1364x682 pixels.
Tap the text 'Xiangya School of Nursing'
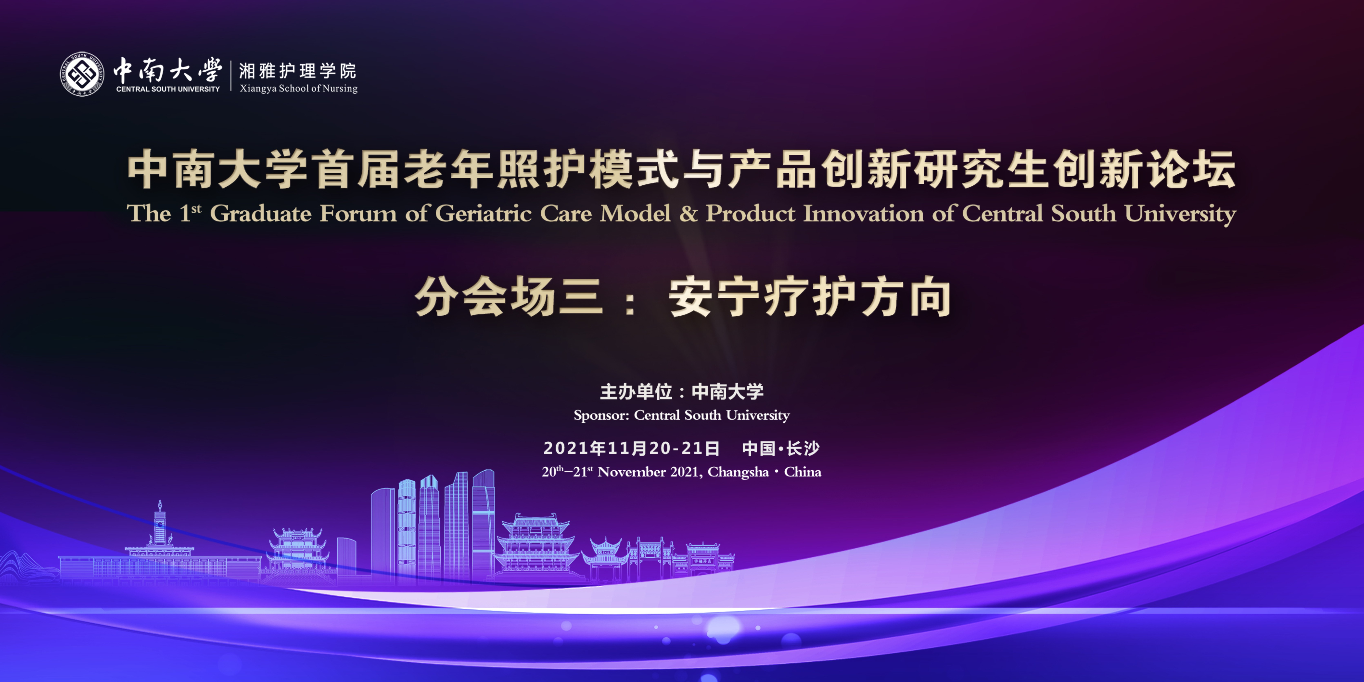click(x=299, y=88)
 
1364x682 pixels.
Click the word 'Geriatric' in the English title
click(x=483, y=214)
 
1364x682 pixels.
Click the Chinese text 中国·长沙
click(x=781, y=448)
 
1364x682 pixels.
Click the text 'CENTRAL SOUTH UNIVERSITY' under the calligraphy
click(x=168, y=89)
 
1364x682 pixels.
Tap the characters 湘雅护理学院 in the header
click(x=298, y=70)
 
